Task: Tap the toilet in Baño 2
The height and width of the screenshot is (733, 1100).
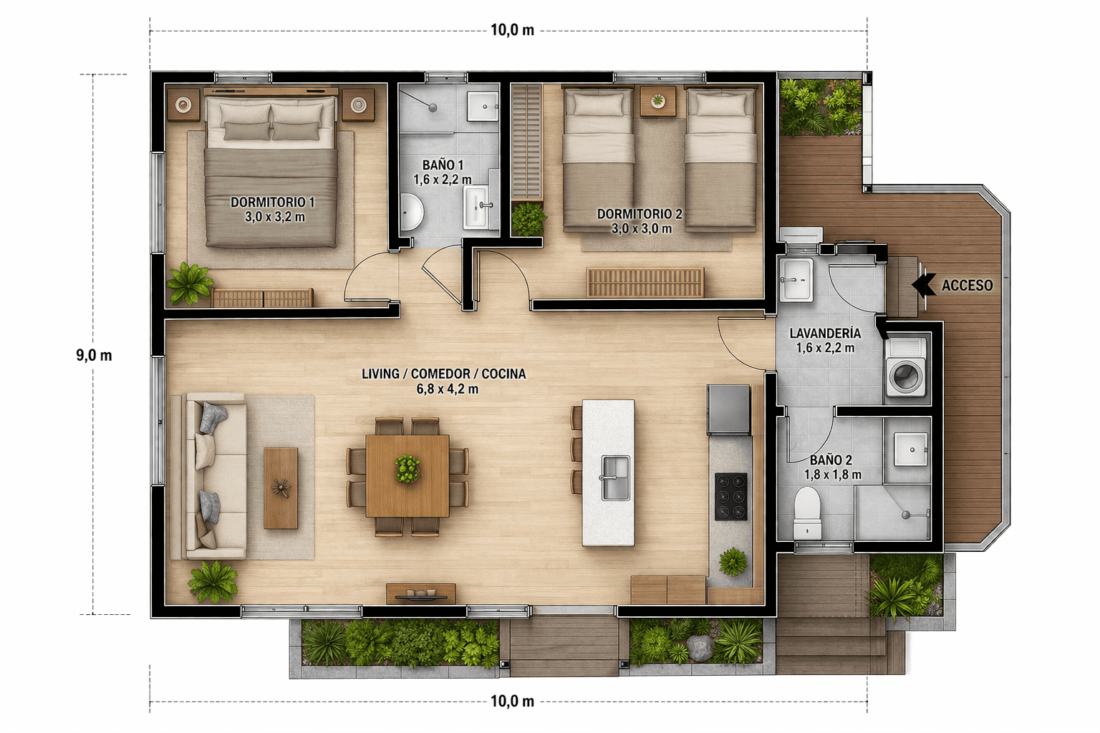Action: click(x=807, y=513)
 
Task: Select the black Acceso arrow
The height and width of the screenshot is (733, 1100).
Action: click(x=925, y=285)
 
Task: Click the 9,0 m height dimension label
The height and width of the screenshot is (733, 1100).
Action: click(x=94, y=355)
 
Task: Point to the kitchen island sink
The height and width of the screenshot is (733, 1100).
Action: click(x=615, y=477)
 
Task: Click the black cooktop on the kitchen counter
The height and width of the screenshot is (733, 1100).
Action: click(x=730, y=496)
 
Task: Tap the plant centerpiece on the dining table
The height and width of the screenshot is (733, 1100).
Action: click(x=407, y=468)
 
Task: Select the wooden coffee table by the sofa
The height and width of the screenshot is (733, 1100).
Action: click(x=281, y=488)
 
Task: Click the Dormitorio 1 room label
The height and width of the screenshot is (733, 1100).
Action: click(x=273, y=209)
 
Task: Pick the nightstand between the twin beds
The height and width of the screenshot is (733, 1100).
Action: click(x=658, y=102)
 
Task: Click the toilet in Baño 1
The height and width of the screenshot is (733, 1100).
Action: click(x=410, y=212)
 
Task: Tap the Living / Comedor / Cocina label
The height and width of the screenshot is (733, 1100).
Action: click(x=444, y=381)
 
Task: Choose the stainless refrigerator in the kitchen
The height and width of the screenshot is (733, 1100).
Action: click(x=729, y=409)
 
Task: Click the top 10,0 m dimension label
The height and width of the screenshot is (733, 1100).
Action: click(x=512, y=30)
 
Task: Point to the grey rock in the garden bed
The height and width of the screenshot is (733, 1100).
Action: click(x=700, y=648)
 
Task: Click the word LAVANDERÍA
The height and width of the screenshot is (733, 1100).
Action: click(x=825, y=334)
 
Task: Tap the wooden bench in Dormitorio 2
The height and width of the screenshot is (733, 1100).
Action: click(x=645, y=282)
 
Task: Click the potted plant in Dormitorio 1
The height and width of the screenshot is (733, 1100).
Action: click(x=189, y=283)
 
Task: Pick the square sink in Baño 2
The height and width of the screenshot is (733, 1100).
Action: click(x=911, y=449)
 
